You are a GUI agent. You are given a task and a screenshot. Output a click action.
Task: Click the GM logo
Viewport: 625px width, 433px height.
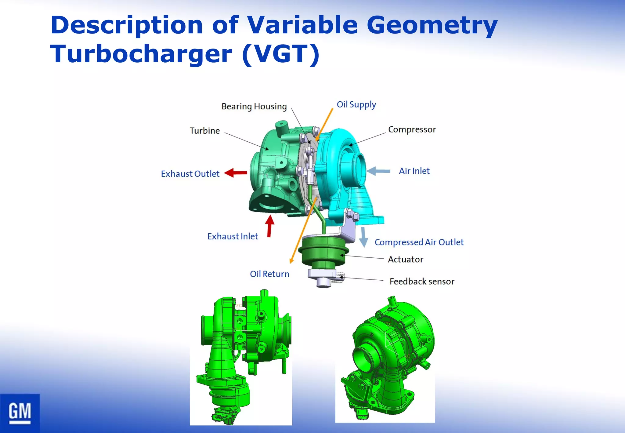tap(20, 413)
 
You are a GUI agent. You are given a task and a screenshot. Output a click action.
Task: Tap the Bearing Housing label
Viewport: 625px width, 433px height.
tap(254, 107)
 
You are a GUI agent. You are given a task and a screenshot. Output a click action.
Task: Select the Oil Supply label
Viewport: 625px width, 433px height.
tap(356, 104)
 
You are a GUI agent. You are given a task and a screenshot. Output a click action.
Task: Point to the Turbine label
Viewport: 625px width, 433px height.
tap(205, 131)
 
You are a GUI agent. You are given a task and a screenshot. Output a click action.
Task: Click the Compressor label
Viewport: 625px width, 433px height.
tap(412, 129)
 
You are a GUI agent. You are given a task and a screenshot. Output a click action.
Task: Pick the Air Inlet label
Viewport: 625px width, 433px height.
tap(414, 171)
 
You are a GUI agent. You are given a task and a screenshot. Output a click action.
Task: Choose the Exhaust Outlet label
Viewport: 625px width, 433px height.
tap(190, 174)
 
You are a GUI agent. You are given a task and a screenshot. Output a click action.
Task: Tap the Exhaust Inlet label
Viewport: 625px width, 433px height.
tap(233, 236)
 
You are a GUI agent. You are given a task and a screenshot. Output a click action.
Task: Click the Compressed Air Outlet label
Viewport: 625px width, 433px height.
tap(419, 242)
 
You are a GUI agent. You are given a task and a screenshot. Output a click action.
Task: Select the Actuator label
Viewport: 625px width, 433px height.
tap(405, 260)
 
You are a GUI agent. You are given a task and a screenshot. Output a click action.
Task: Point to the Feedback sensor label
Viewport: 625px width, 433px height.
tap(422, 281)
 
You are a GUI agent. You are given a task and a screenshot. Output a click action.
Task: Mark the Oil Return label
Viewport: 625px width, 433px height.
tap(269, 274)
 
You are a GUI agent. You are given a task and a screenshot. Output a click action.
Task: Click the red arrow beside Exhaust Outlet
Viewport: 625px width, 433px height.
tap(236, 173)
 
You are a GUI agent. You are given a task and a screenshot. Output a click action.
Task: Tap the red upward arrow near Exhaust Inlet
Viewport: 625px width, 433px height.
tap(269, 226)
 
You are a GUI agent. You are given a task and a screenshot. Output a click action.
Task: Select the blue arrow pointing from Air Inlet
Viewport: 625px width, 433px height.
tap(378, 171)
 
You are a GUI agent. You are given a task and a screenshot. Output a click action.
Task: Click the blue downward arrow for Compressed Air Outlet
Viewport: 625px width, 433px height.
tap(363, 237)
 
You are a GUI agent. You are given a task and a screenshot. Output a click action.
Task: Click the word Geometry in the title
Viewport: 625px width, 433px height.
tap(432, 25)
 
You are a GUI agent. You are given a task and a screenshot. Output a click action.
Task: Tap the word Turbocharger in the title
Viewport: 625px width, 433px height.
tap(141, 54)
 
